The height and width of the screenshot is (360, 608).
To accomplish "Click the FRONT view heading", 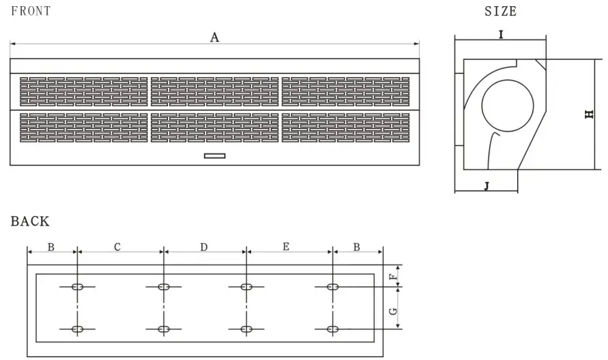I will coord(31,11).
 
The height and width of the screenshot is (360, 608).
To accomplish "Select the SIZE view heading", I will coord(500,11).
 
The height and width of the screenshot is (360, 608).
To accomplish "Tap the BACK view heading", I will coord(30,221).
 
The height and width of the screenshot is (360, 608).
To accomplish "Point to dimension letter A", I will coord(214,37).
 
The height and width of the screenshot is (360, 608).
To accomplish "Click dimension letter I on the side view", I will coord(501,33).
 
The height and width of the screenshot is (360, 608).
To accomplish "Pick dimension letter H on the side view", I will coord(590,115).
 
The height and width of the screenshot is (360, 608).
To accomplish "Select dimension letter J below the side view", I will coord(487,185).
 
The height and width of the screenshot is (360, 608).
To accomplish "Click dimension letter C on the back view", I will coord(117,247).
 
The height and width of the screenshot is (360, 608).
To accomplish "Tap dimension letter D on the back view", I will coord(203,247).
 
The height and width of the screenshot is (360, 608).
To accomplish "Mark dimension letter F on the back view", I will coord(392,276).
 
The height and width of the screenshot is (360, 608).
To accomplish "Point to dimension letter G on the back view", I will coord(392,311).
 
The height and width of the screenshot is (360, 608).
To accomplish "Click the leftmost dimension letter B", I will coord(51,247).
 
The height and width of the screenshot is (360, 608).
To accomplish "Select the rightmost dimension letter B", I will coord(357,247).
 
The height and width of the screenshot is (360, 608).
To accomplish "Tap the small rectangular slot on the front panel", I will coord(214,156).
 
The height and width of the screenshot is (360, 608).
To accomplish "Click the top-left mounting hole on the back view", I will coord(78,287).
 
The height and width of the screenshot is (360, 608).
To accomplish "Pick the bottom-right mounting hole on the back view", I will coord(332,329).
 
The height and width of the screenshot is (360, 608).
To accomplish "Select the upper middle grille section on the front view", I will coord(214,91).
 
